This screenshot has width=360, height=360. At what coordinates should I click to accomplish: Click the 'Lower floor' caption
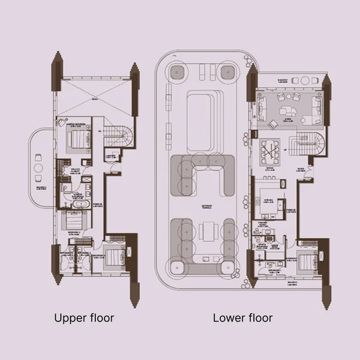coord(242,317)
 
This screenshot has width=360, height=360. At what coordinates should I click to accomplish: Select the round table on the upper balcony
coord(38,168)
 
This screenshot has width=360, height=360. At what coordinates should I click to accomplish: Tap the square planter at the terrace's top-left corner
coord(176,73)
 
